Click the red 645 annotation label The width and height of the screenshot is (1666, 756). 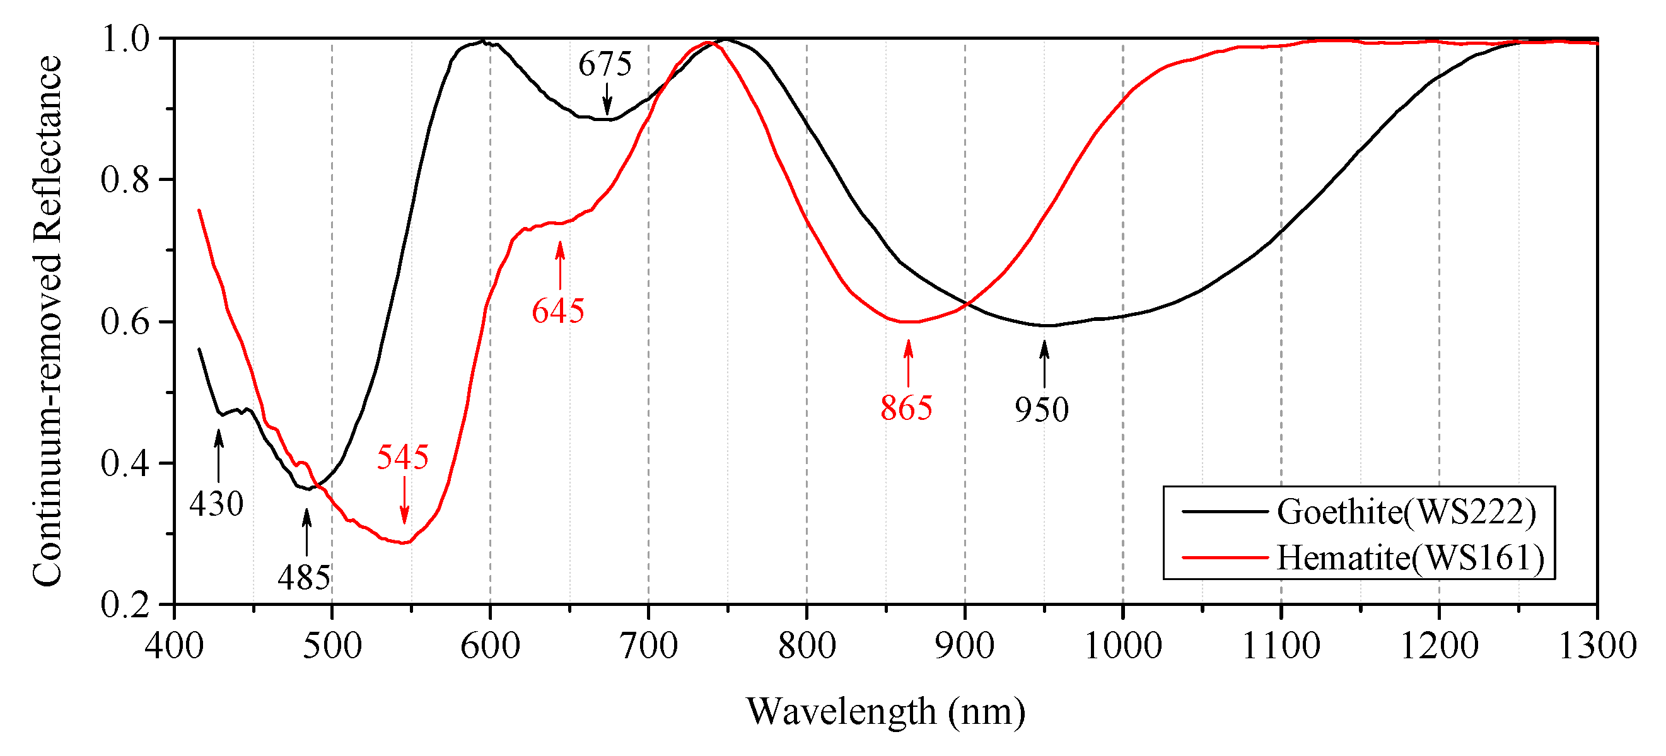pos(557,311)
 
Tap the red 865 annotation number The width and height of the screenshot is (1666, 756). pos(906,408)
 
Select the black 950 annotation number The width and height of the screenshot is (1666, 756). pos(1041,410)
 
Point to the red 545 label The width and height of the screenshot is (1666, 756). pos(402,457)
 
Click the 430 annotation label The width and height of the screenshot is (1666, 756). pos(216,504)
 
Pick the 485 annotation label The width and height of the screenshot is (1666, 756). pos(304,578)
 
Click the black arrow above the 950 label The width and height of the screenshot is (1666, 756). pos(1044,364)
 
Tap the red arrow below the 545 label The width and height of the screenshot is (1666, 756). pos(404,500)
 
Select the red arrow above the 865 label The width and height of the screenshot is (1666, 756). pos(908,363)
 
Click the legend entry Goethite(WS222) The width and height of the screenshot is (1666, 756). pos(1406,512)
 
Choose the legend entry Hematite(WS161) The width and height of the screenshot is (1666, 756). pos(1410,558)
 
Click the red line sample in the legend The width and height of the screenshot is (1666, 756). pos(1225,557)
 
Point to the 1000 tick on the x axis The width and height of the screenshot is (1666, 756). pos(1122,646)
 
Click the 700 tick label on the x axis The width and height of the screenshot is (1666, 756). pos(648,646)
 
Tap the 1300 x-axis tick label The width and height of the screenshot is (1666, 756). pos(1597,646)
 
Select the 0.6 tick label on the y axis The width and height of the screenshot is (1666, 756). pos(125,322)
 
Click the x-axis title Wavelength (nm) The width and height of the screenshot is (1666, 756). pos(885,712)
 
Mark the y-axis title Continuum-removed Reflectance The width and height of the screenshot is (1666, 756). pos(49,322)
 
